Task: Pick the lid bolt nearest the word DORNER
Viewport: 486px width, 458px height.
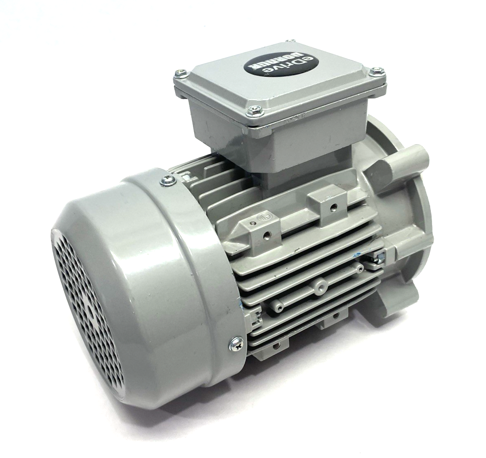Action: click(180, 73)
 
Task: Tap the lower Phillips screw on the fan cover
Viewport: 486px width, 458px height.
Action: click(236, 343)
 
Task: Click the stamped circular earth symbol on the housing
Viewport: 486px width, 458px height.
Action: click(264, 217)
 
